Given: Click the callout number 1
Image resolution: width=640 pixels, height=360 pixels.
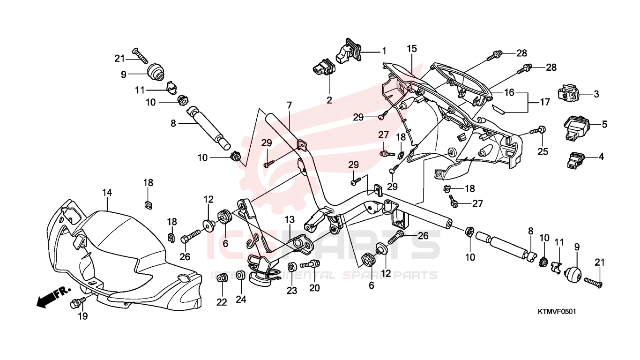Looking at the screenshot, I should [384, 51].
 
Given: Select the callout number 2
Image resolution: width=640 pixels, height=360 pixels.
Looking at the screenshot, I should [329, 100].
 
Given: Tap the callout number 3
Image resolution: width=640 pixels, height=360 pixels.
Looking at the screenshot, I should [596, 94].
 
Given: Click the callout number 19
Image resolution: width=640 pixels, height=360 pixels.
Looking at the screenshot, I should [82, 316].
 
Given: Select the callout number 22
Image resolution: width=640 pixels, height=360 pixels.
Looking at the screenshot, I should [222, 302].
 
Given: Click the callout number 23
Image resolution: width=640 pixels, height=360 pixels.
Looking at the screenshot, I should [292, 291].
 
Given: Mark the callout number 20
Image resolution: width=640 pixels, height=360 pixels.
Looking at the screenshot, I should [314, 288].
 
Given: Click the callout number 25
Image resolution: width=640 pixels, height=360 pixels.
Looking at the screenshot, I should [542, 151].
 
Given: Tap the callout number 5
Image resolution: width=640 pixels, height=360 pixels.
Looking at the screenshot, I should [604, 125].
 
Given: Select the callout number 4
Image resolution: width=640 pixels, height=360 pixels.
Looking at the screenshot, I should [601, 157].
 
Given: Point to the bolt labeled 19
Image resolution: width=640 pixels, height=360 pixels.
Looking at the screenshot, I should [75, 304].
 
